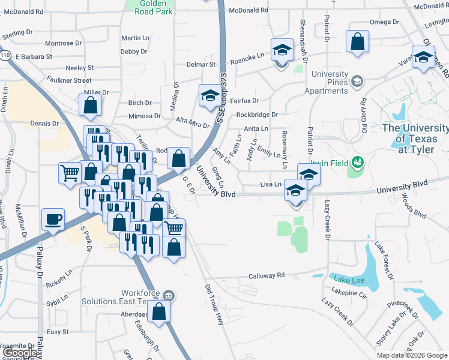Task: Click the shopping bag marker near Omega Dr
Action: pyautogui.click(x=358, y=42)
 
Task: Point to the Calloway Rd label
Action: pyautogui.click(x=267, y=276)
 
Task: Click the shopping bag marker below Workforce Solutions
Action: pyautogui.click(x=158, y=311)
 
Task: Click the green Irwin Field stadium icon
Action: pyautogui.click(x=358, y=161)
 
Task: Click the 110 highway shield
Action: pyautogui.click(x=5, y=56)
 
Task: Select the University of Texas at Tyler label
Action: pyautogui.click(x=415, y=139)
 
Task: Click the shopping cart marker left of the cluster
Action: pyautogui.click(x=70, y=173)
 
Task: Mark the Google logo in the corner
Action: pyautogui.click(x=20, y=353)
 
